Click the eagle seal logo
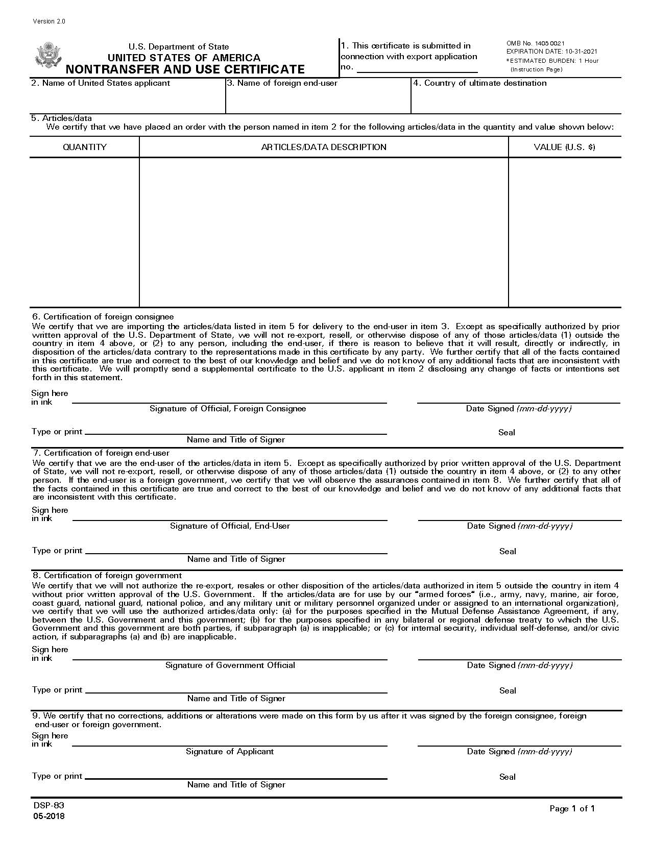point(48,55)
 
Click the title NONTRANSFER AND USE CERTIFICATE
point(185,69)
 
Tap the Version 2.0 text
point(49,21)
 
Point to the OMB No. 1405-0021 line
point(535,43)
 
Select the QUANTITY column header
point(85,147)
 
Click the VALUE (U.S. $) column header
point(564,147)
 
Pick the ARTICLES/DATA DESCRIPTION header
point(324,147)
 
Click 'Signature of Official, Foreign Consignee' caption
point(228,409)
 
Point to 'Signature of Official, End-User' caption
point(230,526)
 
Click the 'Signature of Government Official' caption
point(230,665)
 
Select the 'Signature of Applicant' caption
point(230,752)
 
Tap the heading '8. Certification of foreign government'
point(107,576)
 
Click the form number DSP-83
point(49,806)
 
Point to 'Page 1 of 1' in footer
point(572,808)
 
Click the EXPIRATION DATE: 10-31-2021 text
point(551,52)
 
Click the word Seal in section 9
point(508,777)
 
